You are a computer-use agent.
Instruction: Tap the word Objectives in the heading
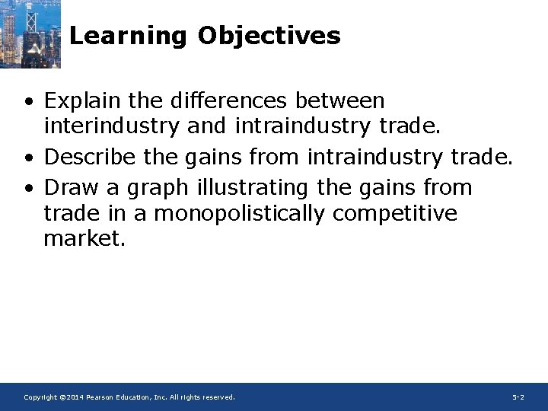pyautogui.click(x=269, y=36)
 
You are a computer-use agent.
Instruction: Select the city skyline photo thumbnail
pyautogui.click(x=30, y=33)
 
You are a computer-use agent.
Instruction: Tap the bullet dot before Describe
pyautogui.click(x=27, y=158)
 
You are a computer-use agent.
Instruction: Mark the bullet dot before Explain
pyautogui.click(x=27, y=102)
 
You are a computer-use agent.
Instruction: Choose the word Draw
pyautogui.click(x=68, y=186)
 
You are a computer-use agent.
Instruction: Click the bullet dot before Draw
pyautogui.click(x=27, y=187)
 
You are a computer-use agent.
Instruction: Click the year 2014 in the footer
pyautogui.click(x=73, y=397)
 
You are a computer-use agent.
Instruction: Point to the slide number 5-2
pyautogui.click(x=518, y=397)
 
